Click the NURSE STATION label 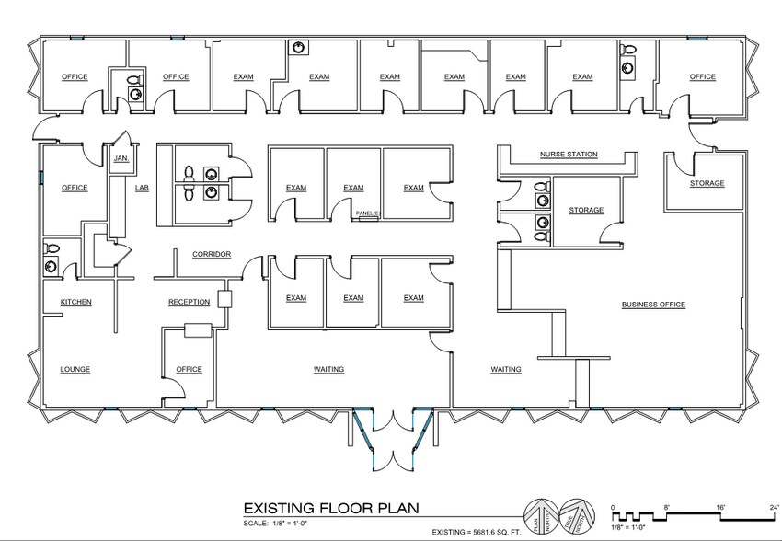(x=568, y=155)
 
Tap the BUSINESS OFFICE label (x=653, y=305)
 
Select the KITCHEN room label (x=75, y=302)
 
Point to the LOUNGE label (x=75, y=370)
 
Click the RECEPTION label (x=190, y=302)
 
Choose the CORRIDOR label (x=211, y=254)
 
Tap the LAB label (x=142, y=188)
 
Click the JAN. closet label (x=120, y=159)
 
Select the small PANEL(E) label (x=368, y=213)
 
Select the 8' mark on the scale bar (x=665, y=507)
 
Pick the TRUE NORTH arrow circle (x=574, y=513)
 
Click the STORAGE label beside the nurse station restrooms (x=586, y=211)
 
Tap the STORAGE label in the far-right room (x=707, y=183)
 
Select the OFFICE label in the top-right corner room (x=703, y=77)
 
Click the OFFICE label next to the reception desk (x=189, y=370)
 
